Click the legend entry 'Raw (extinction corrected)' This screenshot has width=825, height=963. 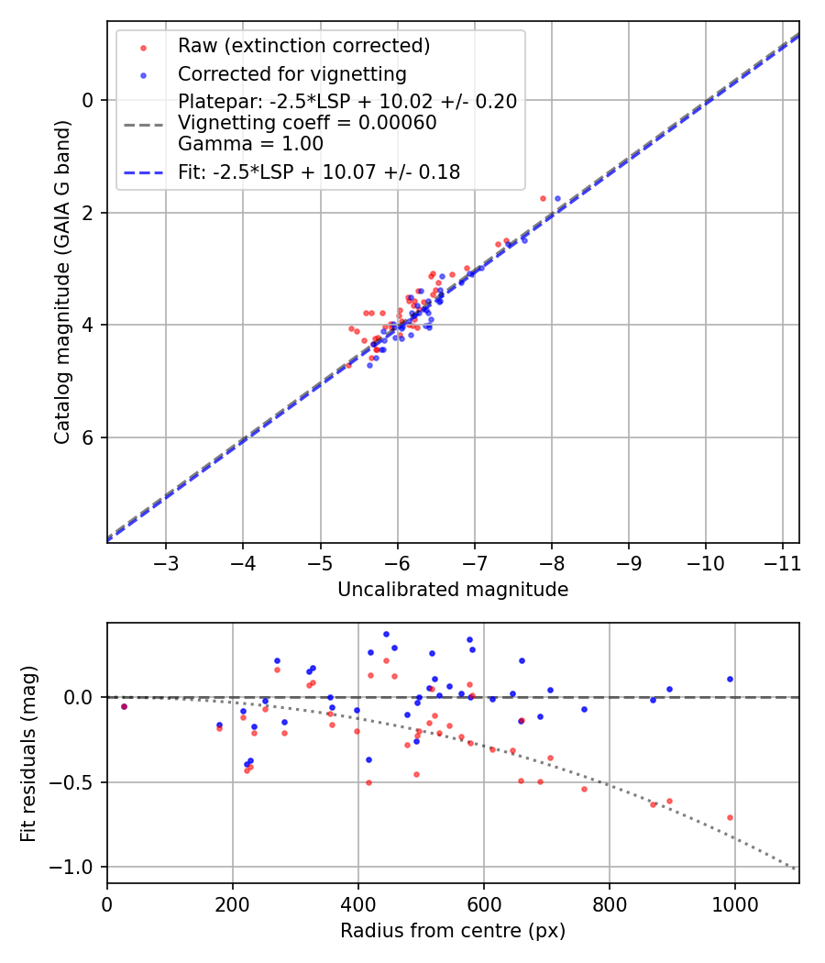pyautogui.click(x=304, y=46)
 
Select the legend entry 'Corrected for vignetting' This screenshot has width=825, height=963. pyautogui.click(x=292, y=73)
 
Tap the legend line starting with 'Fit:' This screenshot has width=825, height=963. pyautogui.click(x=319, y=172)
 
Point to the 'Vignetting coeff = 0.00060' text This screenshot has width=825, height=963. pyautogui.click(x=307, y=123)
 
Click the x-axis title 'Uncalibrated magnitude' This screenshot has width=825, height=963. pyautogui.click(x=453, y=590)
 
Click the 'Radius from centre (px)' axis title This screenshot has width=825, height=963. pyautogui.click(x=453, y=931)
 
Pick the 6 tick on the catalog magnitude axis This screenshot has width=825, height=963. pyautogui.click(x=89, y=437)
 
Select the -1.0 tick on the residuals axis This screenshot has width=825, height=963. pyautogui.click(x=75, y=867)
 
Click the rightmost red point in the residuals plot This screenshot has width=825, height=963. pyautogui.click(x=730, y=817)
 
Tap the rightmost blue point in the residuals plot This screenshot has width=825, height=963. pyautogui.click(x=730, y=679)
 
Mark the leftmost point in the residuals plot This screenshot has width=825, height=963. pyautogui.click(x=124, y=706)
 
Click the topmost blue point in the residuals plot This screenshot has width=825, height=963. pyautogui.click(x=386, y=634)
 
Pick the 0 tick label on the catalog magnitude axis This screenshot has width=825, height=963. pyautogui.click(x=89, y=100)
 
